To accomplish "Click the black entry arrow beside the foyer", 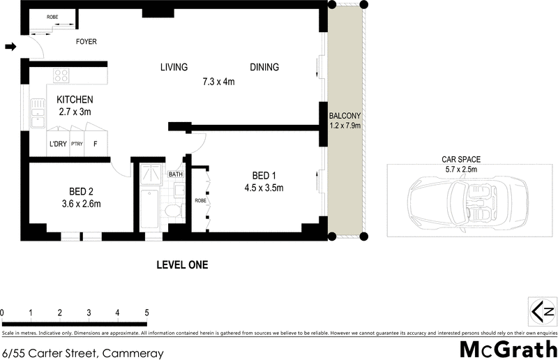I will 10,47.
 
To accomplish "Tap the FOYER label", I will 86,42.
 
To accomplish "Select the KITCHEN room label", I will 75,100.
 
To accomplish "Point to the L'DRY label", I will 58,144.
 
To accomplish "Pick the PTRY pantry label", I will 76,144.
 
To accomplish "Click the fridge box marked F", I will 96,144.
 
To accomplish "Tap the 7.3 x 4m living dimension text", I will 218,82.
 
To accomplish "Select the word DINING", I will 264,68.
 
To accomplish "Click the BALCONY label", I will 345,116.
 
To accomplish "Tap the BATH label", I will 175,174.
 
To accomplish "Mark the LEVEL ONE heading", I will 181,265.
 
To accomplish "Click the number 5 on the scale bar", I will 146,312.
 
